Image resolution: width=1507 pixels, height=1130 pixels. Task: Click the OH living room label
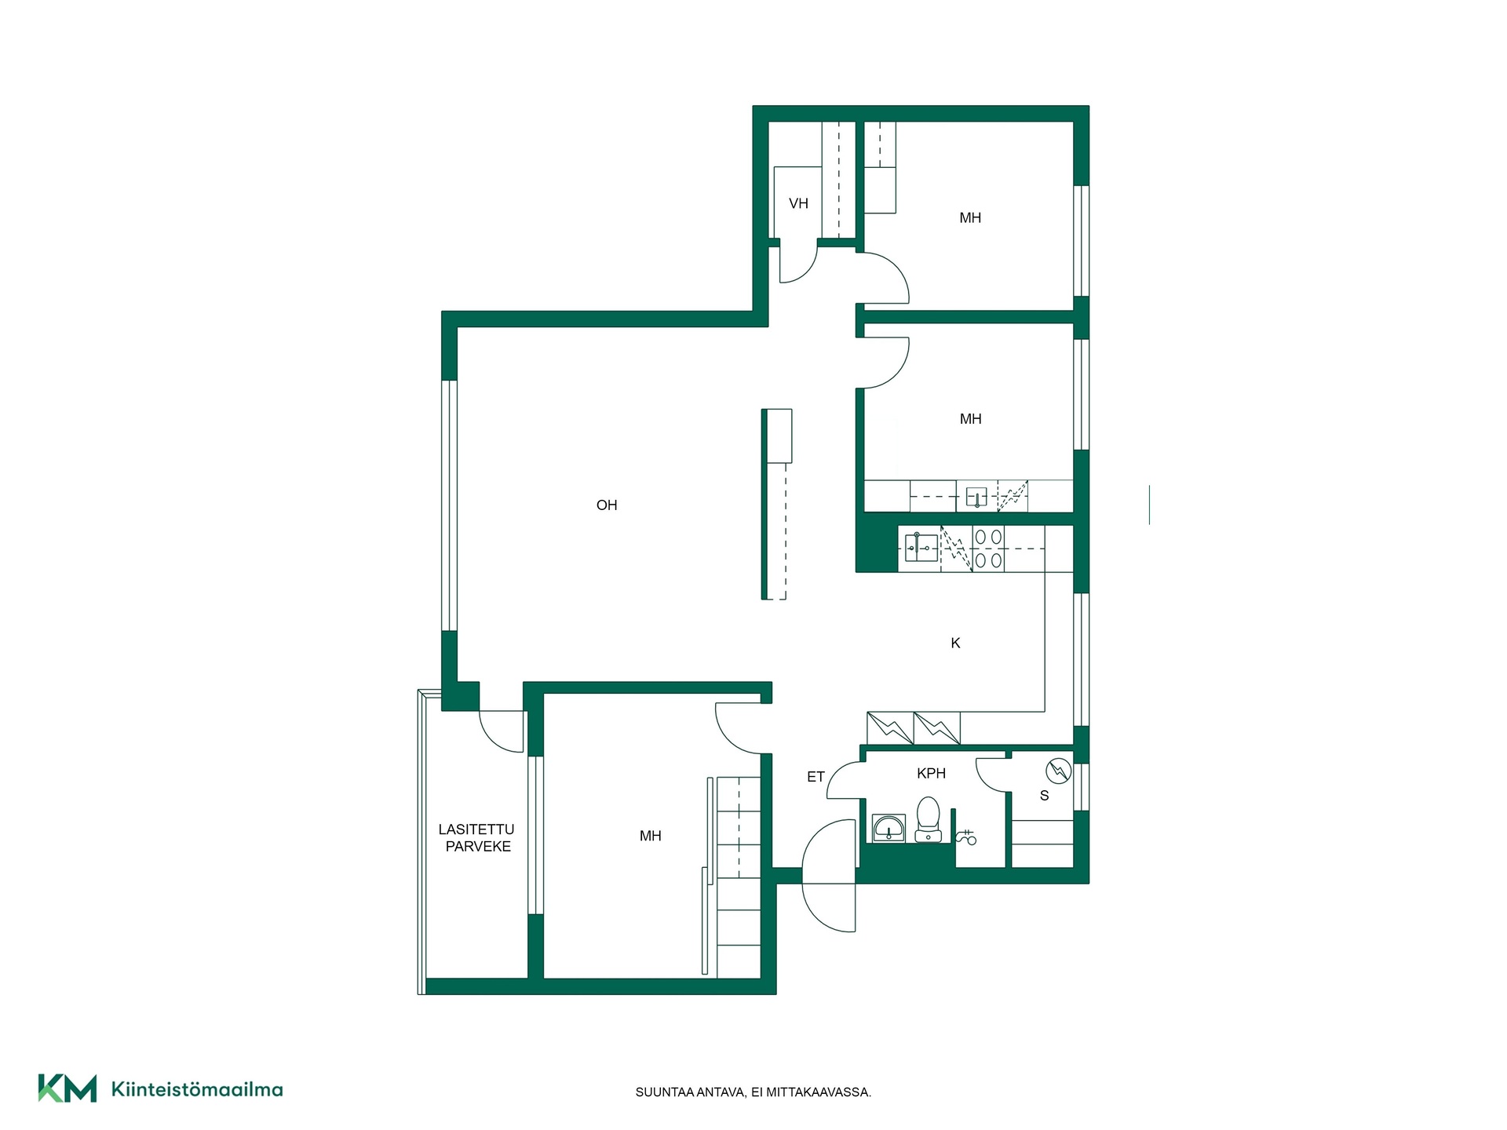[x=607, y=505]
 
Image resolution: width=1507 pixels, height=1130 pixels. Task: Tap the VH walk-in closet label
[x=798, y=204]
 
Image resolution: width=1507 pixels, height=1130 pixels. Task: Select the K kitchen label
[x=955, y=643]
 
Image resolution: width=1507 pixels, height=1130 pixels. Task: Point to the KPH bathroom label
[x=931, y=774]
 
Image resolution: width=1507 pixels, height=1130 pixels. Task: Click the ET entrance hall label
[x=816, y=777]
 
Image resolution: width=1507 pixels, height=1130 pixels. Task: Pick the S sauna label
[x=1044, y=796]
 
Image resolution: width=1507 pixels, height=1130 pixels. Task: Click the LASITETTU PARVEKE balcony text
[x=477, y=838]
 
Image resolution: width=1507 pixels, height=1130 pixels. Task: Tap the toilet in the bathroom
[x=928, y=820]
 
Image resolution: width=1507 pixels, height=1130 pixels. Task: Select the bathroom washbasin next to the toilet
[x=889, y=829]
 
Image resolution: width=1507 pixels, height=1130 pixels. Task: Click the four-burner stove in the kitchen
[x=988, y=549]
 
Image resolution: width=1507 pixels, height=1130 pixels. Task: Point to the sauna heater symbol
[x=1058, y=771]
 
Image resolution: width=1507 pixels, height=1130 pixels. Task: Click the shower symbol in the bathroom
[x=967, y=837]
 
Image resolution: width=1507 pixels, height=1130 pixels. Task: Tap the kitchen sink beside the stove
[x=921, y=547]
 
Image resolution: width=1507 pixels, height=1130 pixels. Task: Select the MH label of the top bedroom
[x=970, y=218]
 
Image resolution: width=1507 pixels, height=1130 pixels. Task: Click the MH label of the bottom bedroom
[x=650, y=837]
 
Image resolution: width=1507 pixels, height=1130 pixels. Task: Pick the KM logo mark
[x=68, y=1088]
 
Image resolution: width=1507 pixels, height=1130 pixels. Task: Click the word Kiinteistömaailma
[x=197, y=1089]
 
